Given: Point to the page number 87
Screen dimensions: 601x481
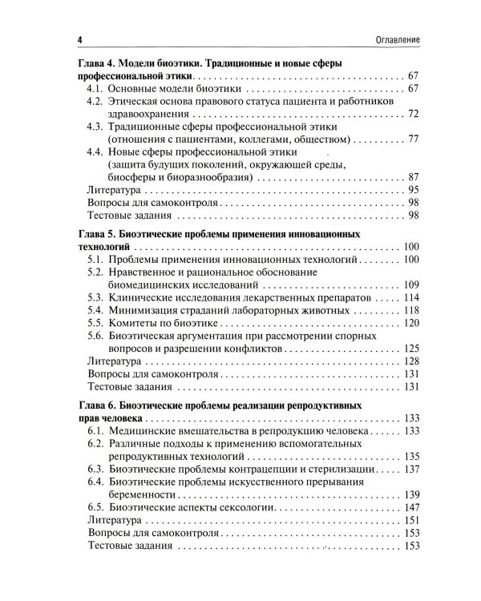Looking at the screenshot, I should click(414, 177).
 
